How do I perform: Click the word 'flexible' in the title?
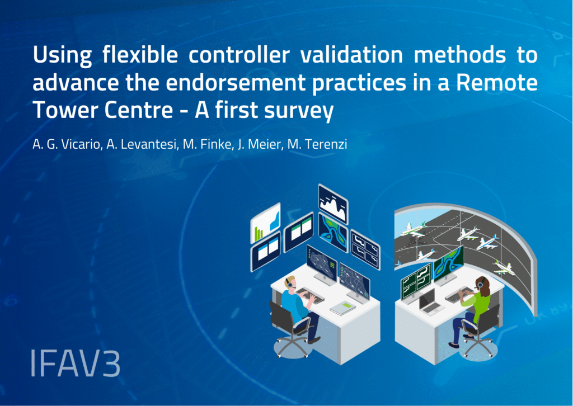[x=139, y=56]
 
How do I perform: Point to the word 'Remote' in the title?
[x=497, y=83]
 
